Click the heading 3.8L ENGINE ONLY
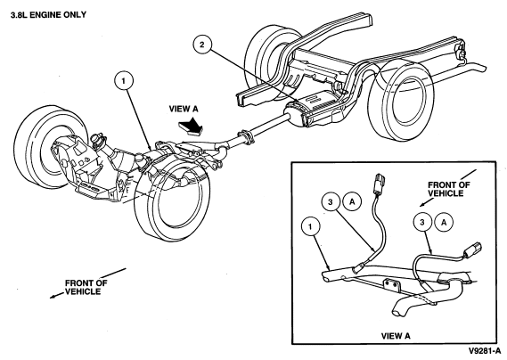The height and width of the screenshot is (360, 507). [x=48, y=15]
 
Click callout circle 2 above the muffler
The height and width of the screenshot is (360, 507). [x=202, y=45]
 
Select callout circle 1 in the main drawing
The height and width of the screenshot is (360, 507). [x=124, y=80]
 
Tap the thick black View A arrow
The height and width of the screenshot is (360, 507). [x=190, y=127]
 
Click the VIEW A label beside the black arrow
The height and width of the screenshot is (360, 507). [x=184, y=109]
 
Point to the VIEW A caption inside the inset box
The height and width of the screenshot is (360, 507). [x=396, y=336]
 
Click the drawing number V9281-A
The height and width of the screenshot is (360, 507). [x=485, y=351]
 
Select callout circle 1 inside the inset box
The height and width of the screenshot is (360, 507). [x=310, y=226]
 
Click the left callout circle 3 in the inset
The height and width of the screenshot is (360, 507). [x=331, y=202]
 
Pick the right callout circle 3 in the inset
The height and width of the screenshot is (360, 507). [x=422, y=223]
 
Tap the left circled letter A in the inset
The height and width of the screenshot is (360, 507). [x=352, y=202]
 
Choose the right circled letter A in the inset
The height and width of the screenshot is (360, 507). [x=444, y=223]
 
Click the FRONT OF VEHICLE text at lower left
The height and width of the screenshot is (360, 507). [x=86, y=287]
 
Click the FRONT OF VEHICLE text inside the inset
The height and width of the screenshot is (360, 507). [x=449, y=189]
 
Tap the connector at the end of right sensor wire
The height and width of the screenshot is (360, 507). [x=473, y=249]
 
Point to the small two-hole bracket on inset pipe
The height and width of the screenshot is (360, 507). [x=391, y=285]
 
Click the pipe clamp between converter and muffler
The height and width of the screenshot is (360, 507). [x=246, y=137]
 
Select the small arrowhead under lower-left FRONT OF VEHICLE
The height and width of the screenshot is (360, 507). [x=53, y=297]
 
